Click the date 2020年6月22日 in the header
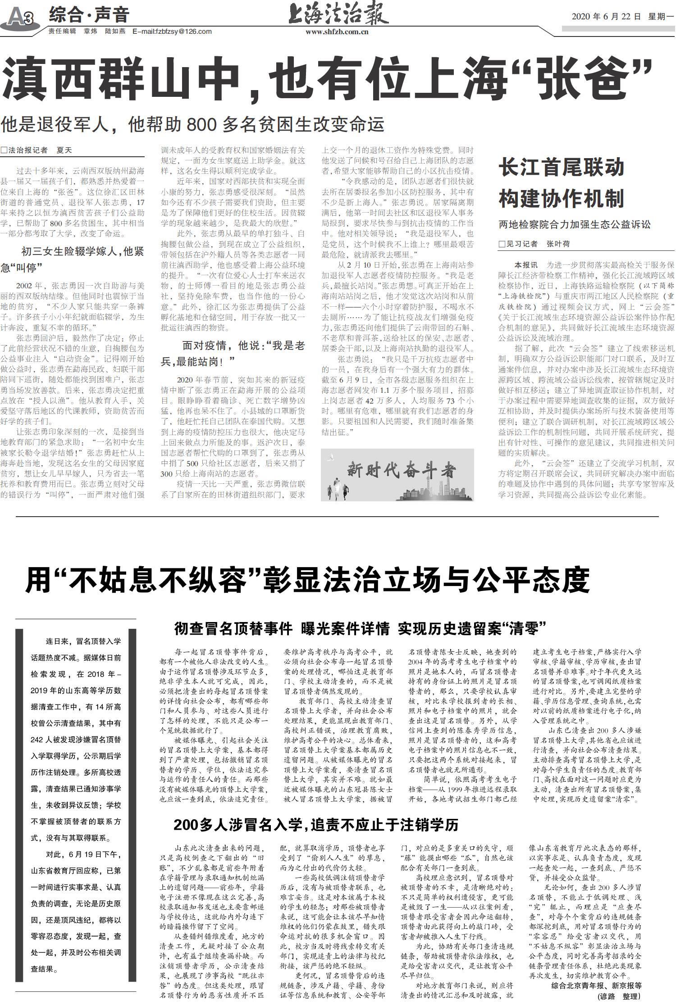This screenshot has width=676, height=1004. pos(606,17)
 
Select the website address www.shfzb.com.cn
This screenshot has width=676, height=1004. pos(337,32)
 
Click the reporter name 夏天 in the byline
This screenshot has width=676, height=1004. pos(64,150)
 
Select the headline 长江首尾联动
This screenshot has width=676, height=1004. pos(561,168)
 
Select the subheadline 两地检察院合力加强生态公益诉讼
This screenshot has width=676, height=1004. pos(574,224)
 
